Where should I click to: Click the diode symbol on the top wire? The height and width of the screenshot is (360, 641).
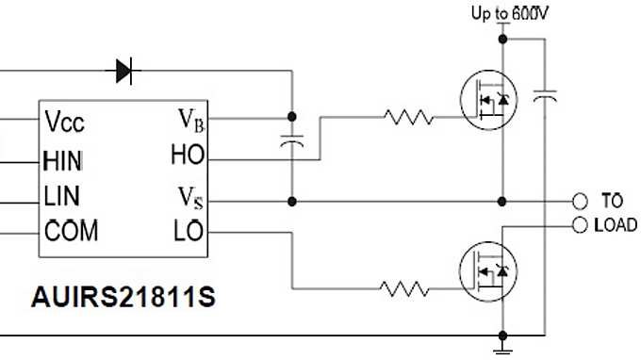pos(124,69)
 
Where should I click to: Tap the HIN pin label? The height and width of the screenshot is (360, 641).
pos(63,159)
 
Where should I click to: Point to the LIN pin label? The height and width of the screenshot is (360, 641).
pos(62,196)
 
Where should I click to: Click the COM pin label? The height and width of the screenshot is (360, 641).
pos(71,230)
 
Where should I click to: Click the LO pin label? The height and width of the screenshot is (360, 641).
pos(189,230)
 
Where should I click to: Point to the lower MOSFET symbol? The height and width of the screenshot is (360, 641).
pos(490,269)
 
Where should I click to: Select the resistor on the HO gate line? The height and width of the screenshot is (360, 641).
pos(407,118)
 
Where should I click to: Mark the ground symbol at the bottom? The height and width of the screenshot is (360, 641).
pos(503,350)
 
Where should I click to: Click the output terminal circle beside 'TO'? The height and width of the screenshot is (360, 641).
pos(579,201)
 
